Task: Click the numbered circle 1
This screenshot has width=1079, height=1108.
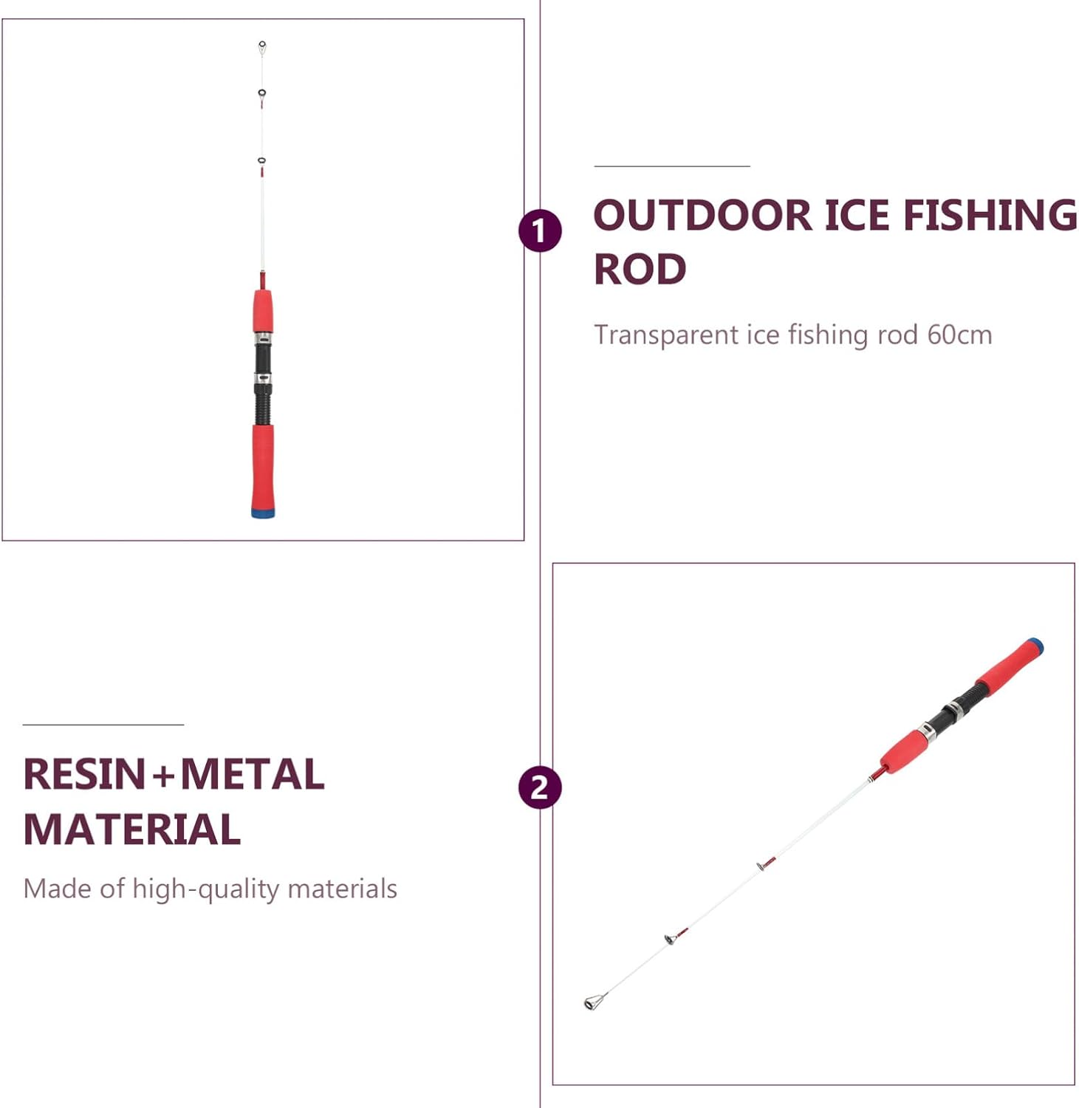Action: [x=540, y=230]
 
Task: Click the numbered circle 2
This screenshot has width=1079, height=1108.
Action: [x=540, y=787]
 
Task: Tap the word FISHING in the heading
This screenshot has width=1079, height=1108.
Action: [x=990, y=215]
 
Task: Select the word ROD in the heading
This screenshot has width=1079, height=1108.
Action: [x=640, y=269]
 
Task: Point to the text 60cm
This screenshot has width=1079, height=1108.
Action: [x=959, y=335]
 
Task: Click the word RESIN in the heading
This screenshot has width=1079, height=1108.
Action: [x=84, y=774]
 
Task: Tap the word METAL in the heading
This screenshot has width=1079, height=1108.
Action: [x=253, y=774]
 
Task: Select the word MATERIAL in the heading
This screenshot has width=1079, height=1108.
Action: [x=132, y=829]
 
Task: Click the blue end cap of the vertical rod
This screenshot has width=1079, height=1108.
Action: [x=263, y=513]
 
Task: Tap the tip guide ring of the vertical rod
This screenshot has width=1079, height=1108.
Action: [x=262, y=47]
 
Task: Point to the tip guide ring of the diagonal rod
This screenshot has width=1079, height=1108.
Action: [x=592, y=1002]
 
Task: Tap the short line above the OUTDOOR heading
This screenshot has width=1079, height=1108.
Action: [x=672, y=166]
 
